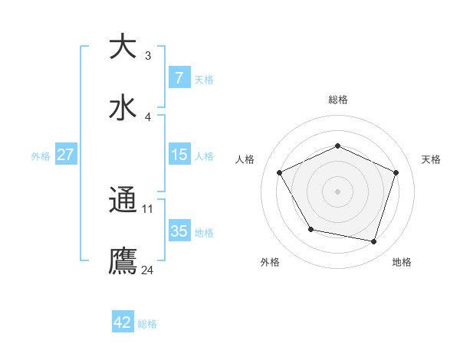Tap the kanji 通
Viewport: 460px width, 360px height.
point(123,200)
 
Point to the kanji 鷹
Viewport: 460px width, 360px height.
point(123,260)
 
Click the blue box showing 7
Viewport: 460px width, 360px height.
point(179,78)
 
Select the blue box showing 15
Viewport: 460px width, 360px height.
point(179,155)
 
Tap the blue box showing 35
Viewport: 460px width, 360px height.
point(179,231)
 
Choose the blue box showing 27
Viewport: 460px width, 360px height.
point(65,155)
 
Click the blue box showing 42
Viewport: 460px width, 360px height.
point(123,322)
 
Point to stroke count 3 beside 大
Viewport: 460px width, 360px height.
point(148,56)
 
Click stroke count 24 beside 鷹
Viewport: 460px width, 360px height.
point(148,270)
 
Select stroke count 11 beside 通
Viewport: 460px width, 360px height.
point(148,209)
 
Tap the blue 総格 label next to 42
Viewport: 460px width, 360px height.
point(147,324)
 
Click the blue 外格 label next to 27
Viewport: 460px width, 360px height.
point(41,156)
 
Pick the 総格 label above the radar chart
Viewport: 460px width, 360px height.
point(338,100)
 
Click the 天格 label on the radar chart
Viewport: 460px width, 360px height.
point(432,159)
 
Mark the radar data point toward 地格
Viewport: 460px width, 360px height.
point(374,242)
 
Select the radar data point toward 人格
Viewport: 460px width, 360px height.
point(279,172)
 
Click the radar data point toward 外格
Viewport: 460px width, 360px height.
point(310,229)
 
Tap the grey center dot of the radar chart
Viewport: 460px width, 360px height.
point(338,191)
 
